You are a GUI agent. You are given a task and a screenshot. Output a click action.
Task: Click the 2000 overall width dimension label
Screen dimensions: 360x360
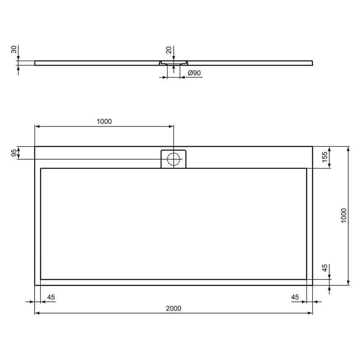click(173, 308)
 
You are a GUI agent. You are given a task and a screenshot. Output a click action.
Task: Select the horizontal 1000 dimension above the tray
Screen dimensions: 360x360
click(104, 122)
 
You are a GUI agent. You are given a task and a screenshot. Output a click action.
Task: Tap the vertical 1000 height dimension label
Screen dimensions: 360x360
click(344, 216)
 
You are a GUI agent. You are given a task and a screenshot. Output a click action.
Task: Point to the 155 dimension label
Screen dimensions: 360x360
click(325, 157)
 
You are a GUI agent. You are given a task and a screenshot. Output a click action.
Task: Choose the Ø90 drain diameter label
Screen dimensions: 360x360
click(194, 73)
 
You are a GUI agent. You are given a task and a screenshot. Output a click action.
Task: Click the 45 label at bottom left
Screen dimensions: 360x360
click(50, 297)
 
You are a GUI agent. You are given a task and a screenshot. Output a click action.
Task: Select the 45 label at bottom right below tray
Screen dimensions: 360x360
click(295, 297)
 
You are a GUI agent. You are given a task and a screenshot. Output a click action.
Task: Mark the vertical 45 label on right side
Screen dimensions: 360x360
click(325, 268)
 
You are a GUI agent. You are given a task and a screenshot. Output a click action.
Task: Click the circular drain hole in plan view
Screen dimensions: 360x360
click(173, 159)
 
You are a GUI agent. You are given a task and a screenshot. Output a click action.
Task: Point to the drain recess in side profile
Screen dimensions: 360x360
click(173, 63)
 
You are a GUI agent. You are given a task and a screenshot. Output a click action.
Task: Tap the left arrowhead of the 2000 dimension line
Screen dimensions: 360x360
click(37, 313)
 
